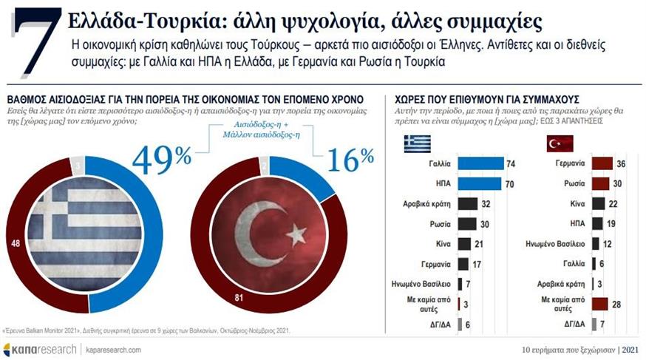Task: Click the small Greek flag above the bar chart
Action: tap(417, 143)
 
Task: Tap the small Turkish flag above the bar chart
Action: tap(560, 143)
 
